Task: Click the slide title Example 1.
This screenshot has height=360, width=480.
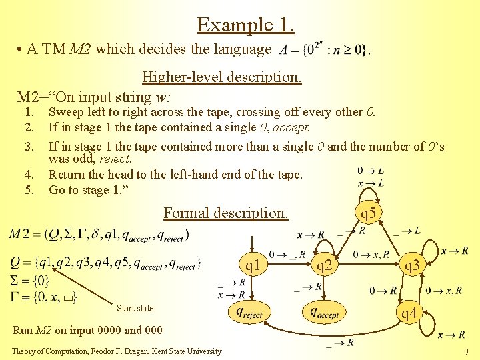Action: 245,25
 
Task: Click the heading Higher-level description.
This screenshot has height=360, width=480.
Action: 221,77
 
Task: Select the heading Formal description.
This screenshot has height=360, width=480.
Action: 226,213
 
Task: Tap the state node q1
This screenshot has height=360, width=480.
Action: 253,266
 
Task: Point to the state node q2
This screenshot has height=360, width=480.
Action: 325,266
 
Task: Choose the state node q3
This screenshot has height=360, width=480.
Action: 412,266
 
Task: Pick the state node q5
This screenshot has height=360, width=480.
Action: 368,214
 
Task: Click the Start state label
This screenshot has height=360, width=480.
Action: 135,308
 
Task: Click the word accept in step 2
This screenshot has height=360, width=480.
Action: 293,127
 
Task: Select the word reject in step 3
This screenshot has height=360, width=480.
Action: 115,159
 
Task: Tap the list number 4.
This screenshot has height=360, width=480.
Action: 29,175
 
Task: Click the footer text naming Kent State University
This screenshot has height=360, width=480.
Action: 117,351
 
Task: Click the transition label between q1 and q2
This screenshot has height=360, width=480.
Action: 287,254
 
